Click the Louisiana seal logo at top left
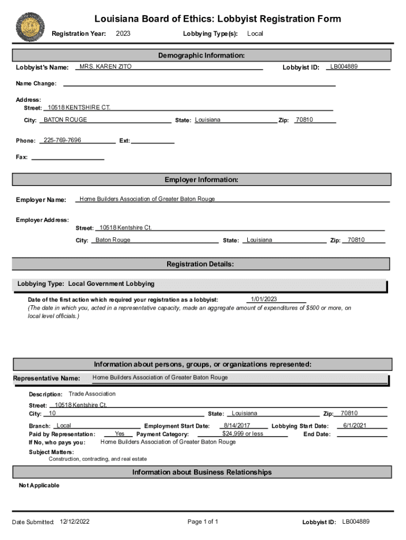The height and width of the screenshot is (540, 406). tap(31, 26)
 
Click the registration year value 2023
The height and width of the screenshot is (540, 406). tap(123, 34)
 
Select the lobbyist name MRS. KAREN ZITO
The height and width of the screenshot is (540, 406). tap(105, 67)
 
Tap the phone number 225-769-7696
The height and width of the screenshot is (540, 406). tap(62, 140)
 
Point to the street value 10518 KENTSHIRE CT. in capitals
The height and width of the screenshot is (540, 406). tap(79, 108)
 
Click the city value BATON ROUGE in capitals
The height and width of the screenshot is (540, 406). tap(65, 120)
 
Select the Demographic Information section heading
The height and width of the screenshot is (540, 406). tap(201, 55)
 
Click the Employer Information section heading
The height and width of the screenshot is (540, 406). tap(201, 180)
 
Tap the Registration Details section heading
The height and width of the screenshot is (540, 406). tap(200, 264)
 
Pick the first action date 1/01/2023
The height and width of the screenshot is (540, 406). tap(264, 300)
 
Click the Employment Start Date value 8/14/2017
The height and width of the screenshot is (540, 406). tap(237, 426)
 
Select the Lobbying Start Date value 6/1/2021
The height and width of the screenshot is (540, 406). tap(355, 426)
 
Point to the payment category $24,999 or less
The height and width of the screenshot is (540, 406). tap(243, 433)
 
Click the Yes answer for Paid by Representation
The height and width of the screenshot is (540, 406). tap(120, 433)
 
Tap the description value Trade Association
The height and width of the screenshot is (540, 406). tap(92, 394)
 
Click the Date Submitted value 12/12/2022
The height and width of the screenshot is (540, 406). tap(75, 522)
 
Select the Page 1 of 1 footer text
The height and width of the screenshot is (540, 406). tap(203, 522)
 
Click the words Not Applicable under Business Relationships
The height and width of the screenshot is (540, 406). tap(39, 485)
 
